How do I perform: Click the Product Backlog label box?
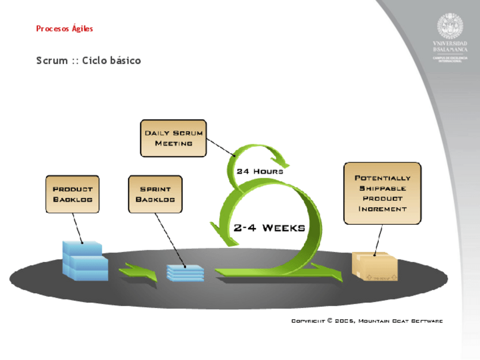tap(72, 194)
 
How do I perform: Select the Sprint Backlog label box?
tap(155, 194)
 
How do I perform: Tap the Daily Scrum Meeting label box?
tap(173, 138)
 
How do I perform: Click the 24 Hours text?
tap(260, 171)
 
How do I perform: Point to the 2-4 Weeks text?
tap(269, 228)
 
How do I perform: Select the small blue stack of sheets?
tap(185, 272)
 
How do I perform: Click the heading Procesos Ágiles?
tap(65, 28)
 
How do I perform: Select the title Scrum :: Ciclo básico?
tap(88, 61)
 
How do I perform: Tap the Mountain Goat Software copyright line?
tap(367, 321)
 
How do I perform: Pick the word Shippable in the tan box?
tap(383, 188)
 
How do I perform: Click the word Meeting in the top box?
tap(173, 144)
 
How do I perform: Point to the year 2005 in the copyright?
tap(344, 321)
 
